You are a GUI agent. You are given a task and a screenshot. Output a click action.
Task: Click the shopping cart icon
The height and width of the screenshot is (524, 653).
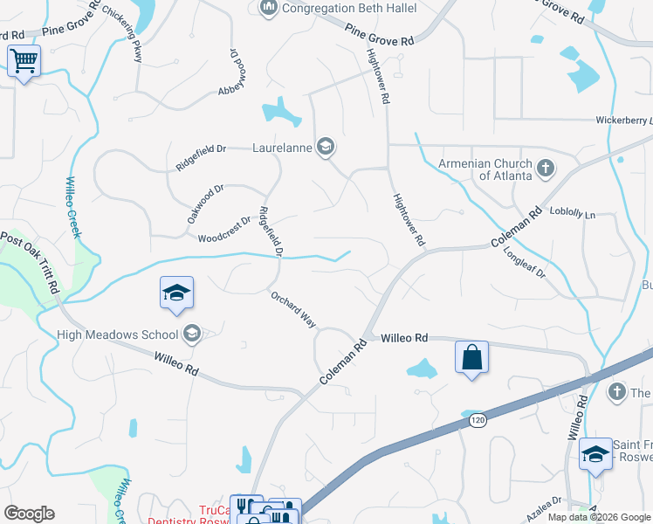pos(24,61)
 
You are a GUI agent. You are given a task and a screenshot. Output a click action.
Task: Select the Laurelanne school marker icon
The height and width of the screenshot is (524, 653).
pos(326,146)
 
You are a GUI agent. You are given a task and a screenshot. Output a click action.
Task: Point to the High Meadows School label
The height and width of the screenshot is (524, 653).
pos(118,334)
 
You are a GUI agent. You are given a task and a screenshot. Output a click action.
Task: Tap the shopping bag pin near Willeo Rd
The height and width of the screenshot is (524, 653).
pos(471,357)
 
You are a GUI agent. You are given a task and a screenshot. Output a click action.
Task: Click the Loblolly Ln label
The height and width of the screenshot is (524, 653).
pos(572,213)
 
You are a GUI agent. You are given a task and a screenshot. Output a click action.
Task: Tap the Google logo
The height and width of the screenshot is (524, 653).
pos(29,514)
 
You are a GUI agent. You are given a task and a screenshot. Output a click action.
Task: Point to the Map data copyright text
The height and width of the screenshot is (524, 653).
pos(599,517)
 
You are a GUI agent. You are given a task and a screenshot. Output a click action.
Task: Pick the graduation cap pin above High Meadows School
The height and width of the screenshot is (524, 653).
pos(176,293)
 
